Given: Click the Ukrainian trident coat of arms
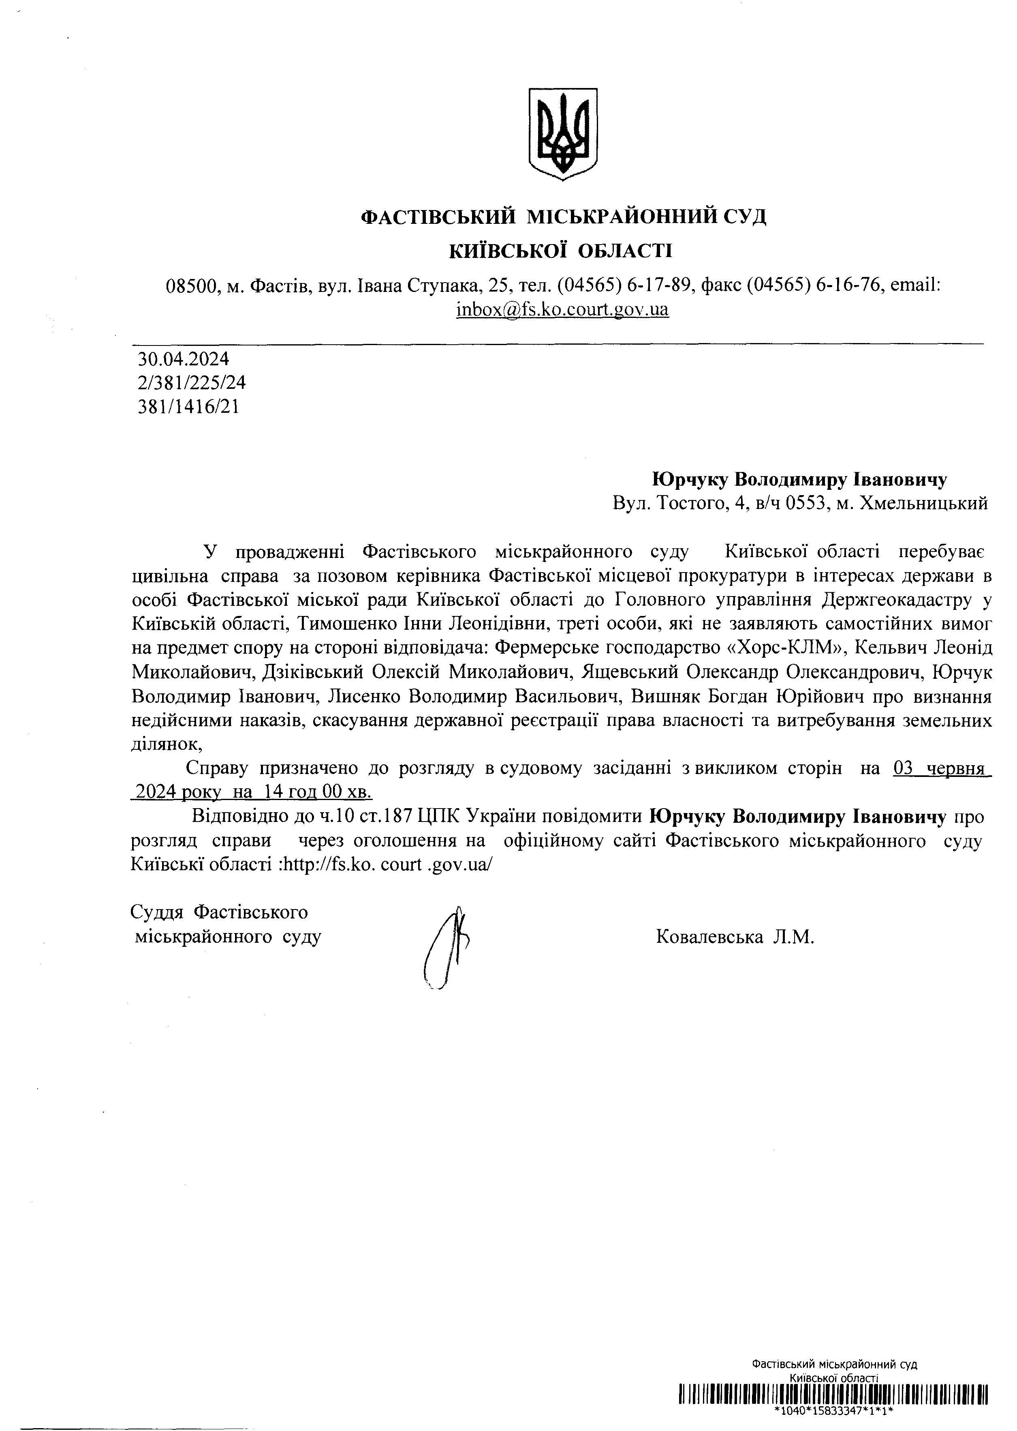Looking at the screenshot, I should coord(563,133).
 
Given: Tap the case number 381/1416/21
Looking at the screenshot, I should coord(188,407).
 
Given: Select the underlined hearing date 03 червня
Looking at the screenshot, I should coord(939,768).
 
